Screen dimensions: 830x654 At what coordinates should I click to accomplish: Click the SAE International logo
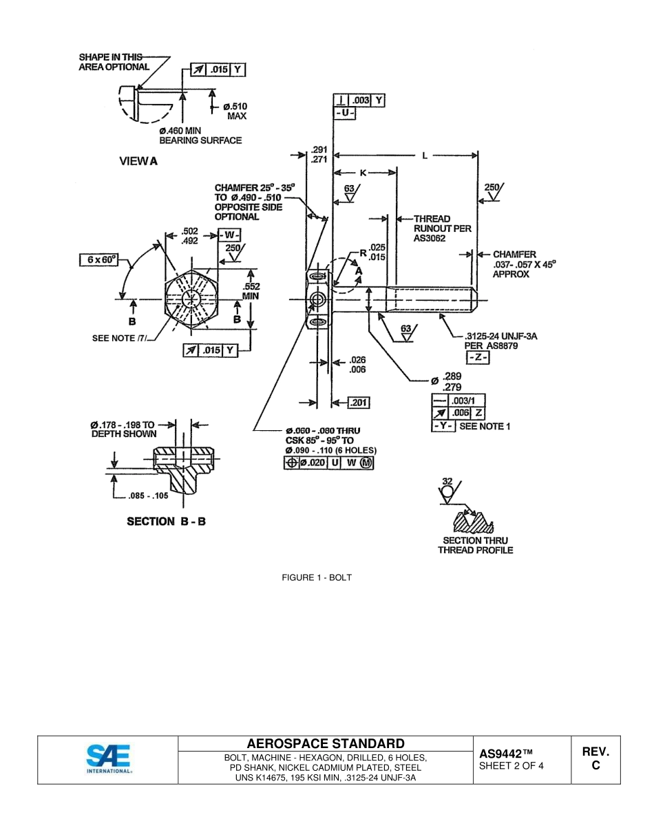click(108, 759)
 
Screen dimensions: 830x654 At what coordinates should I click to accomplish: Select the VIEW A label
click(138, 161)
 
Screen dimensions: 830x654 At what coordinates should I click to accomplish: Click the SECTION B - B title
click(166, 521)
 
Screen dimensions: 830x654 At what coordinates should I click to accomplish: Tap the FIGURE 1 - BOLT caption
click(317, 577)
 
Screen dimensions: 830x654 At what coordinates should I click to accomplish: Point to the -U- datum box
click(344, 112)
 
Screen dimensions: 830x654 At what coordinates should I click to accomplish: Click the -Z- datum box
click(477, 358)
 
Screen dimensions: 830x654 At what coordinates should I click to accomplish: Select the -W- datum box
click(229, 235)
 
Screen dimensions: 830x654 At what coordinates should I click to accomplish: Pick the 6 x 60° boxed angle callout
click(98, 259)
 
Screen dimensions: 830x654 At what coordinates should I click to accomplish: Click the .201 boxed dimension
click(359, 402)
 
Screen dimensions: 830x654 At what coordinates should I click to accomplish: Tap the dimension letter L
click(425, 156)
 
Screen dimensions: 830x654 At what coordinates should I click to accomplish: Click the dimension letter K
click(363, 173)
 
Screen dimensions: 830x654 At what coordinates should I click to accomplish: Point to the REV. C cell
click(595, 759)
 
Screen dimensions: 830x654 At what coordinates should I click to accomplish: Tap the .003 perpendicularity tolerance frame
click(359, 100)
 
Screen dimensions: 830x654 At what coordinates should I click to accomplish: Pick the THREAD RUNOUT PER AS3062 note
click(442, 228)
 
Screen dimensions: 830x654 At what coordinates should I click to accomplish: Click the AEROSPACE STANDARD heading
click(326, 743)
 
